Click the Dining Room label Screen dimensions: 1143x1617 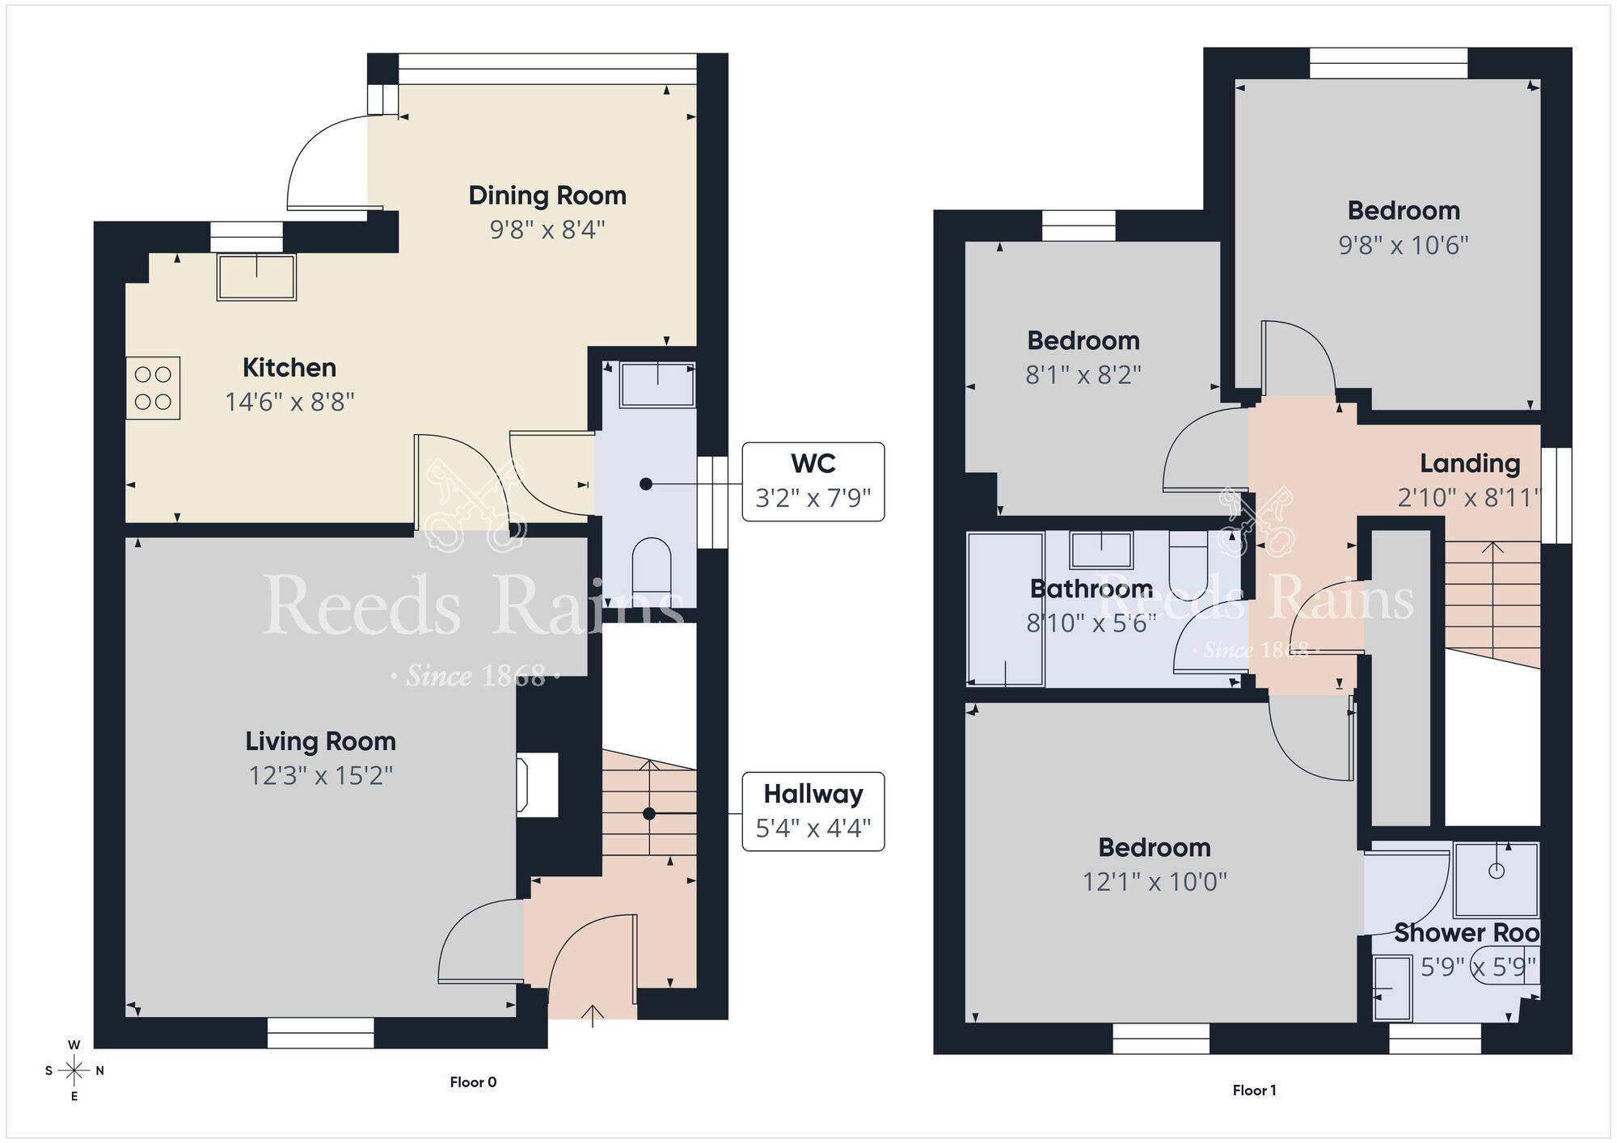tap(547, 196)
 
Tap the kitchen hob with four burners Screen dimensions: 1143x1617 tap(153, 388)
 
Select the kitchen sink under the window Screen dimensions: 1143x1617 tap(256, 276)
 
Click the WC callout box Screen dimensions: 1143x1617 tap(813, 482)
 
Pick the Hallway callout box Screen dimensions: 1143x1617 tap(813, 812)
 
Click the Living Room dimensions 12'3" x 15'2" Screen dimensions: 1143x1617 tap(321, 776)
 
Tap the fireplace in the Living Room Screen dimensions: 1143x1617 tap(538, 784)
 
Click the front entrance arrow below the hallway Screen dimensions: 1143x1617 tap(593, 1015)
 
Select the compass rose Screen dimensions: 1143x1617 tap(74, 1071)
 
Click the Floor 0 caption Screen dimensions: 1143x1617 tap(473, 1082)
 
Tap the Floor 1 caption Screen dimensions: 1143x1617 tap(1254, 1090)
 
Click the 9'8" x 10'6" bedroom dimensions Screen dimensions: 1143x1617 tap(1404, 245)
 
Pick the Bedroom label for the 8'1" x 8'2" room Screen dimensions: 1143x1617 tap(1083, 341)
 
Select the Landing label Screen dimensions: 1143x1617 tap(1470, 463)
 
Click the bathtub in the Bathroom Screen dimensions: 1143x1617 tap(1006, 609)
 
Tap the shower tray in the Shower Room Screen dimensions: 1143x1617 tap(1496, 879)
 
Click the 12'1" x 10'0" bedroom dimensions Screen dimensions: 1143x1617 tap(1155, 882)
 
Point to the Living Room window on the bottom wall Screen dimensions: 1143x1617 tap(321, 1033)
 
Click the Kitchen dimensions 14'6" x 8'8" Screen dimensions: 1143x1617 tap(289, 402)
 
